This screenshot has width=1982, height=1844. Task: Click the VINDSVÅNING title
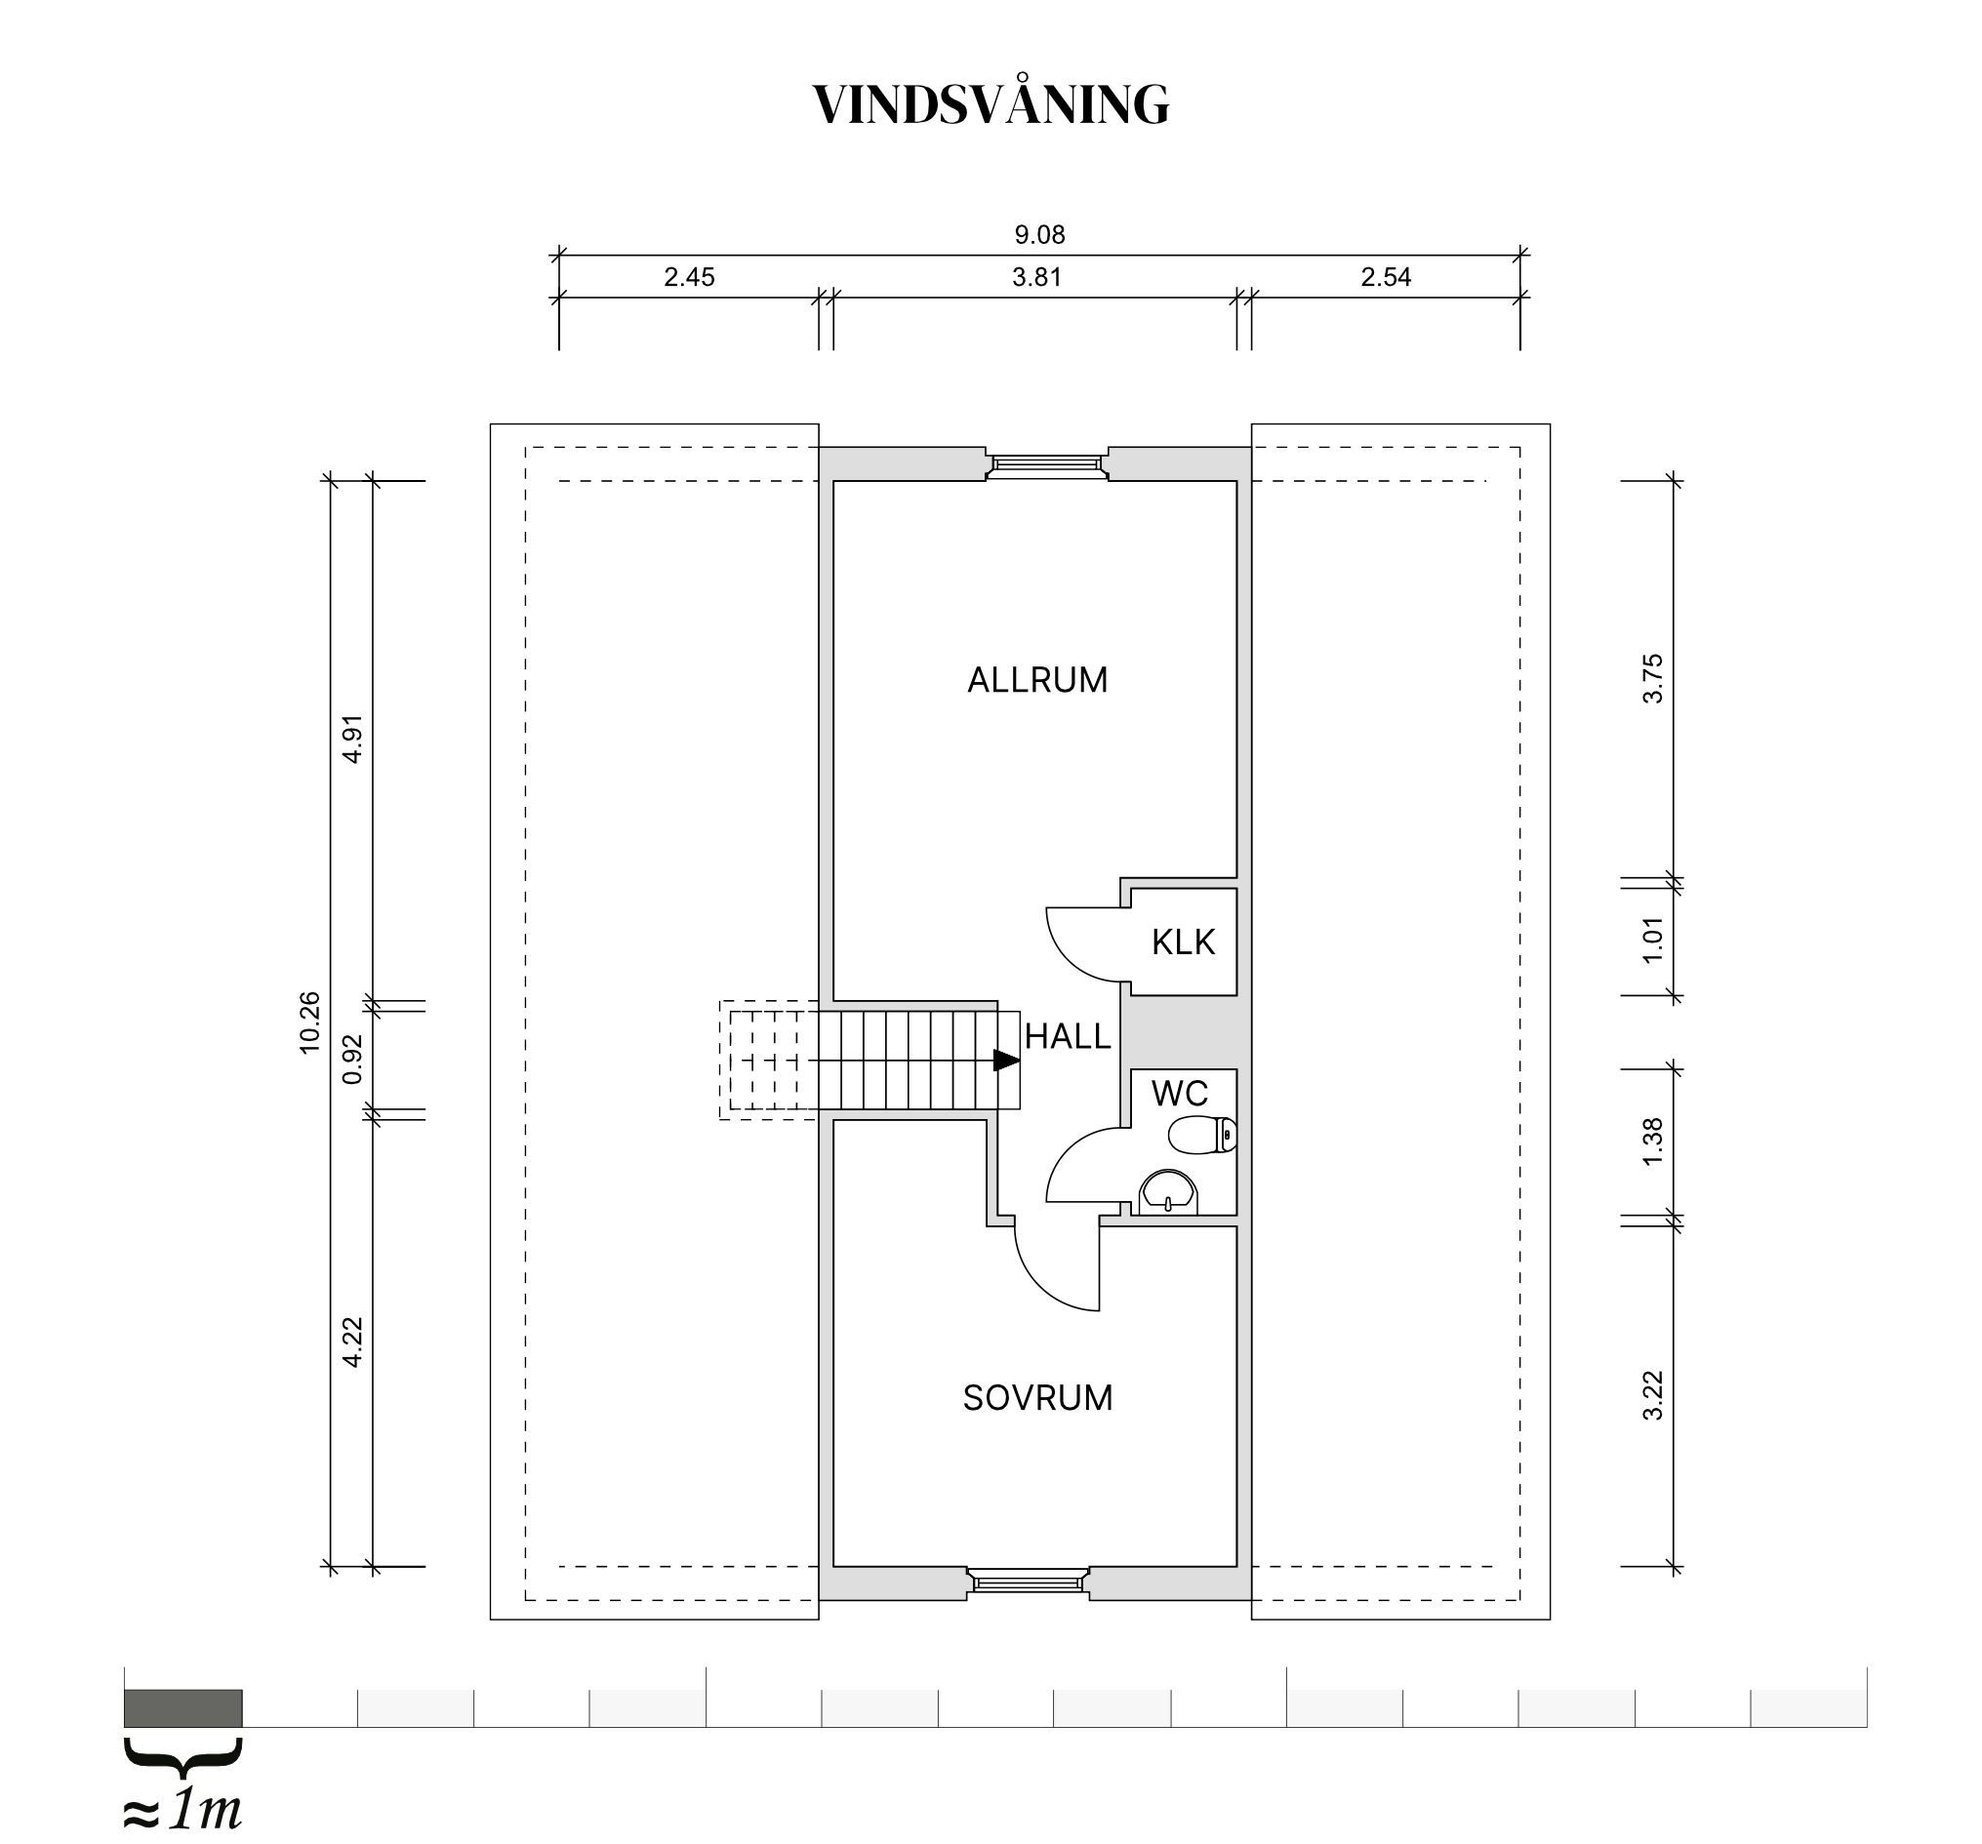[991, 103]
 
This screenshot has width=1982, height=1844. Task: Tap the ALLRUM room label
[1038, 680]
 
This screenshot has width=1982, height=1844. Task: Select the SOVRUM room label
[1038, 1397]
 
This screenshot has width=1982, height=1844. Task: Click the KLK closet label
[1184, 942]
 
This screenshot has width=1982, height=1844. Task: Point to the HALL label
[1068, 1036]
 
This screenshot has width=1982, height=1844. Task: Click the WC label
[1180, 1094]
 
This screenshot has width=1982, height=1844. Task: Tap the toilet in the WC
[1203, 1135]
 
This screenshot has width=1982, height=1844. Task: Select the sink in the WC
[1168, 1192]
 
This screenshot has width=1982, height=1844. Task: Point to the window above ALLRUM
[1047, 463]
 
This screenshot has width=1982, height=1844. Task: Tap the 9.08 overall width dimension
[1040, 235]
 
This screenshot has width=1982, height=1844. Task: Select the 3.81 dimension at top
[1036, 277]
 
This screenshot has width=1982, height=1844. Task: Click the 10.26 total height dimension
[309, 1022]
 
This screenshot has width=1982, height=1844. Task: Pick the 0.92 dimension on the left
[352, 1059]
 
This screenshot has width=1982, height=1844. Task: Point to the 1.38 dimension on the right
[1652, 1142]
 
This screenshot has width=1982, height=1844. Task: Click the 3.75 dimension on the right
[1652, 679]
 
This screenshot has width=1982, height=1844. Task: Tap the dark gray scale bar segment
[183, 1707]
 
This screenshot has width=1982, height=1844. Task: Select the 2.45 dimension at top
[689, 277]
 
